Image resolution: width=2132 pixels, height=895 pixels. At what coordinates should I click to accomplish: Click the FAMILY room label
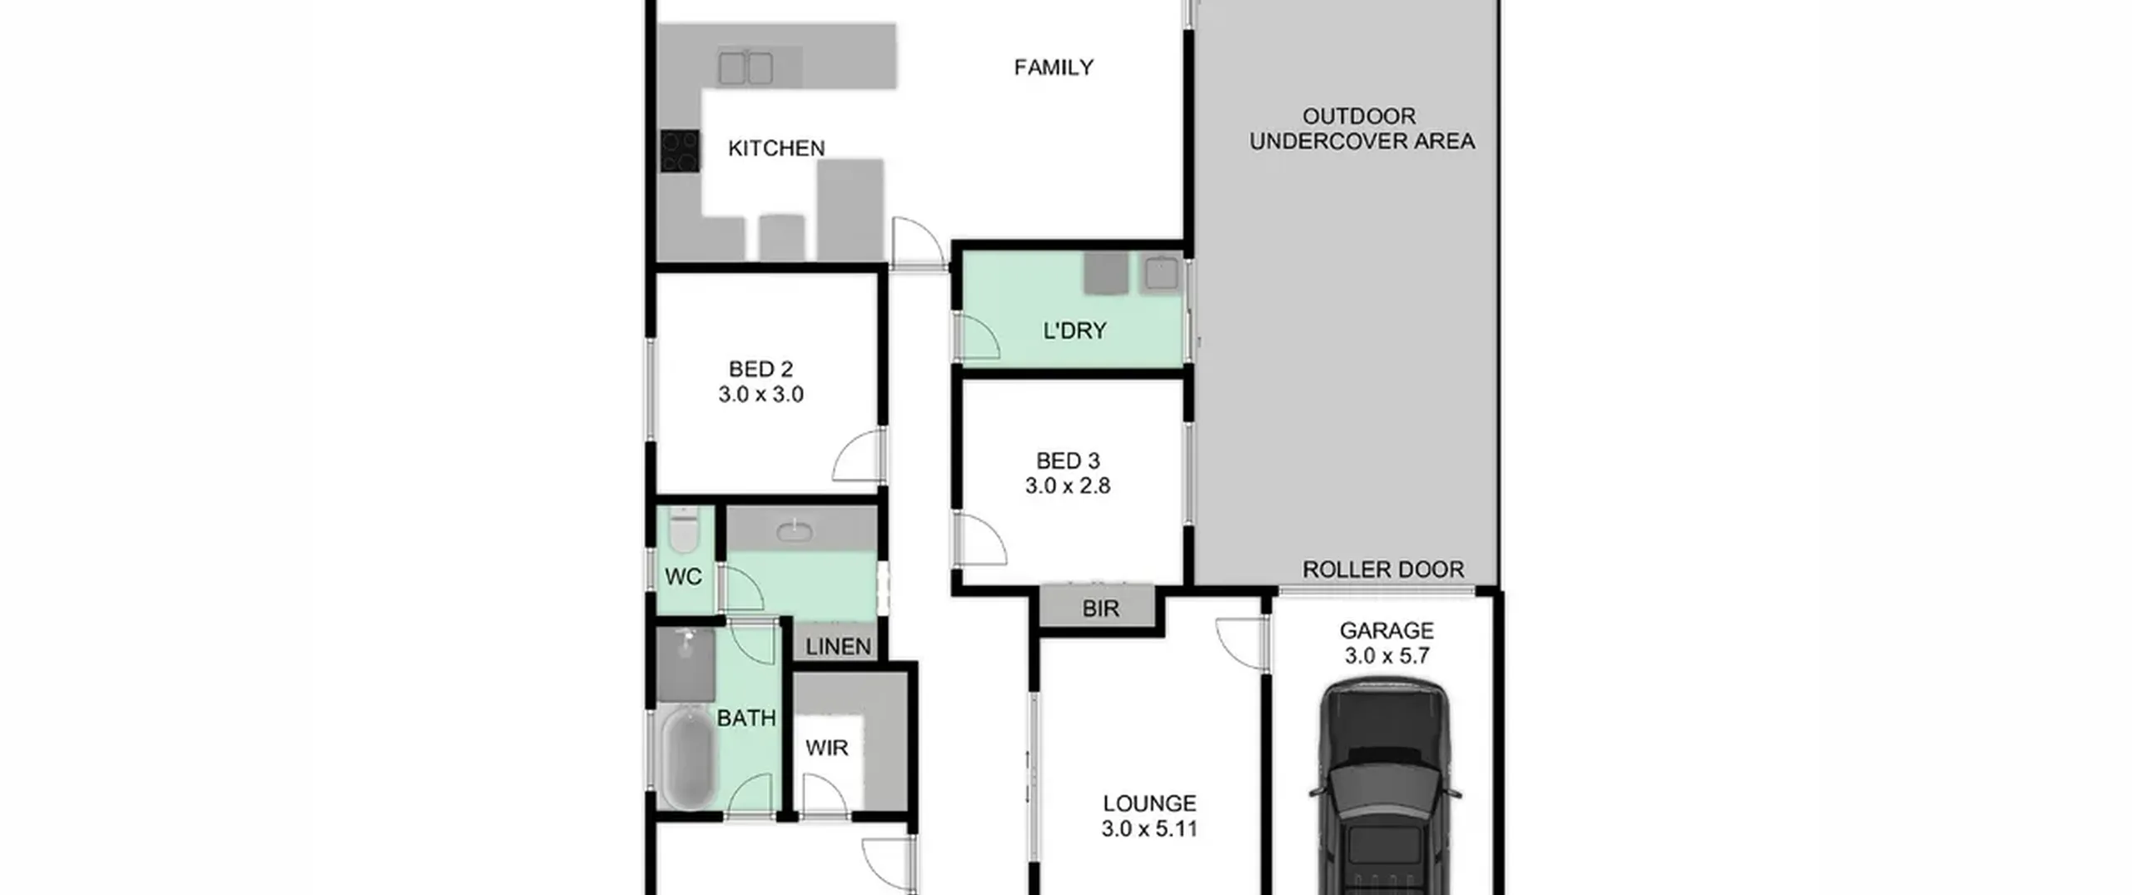point(1054,67)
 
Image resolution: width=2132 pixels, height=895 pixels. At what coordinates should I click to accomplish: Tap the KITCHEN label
point(776,148)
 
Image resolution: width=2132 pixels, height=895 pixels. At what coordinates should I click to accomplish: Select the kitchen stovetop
point(680,152)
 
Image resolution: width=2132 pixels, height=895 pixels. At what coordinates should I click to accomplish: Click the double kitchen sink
point(745,68)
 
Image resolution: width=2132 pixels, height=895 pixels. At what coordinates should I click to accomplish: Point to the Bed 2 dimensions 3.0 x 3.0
point(761,395)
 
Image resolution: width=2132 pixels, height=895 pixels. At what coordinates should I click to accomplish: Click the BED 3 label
point(1068,460)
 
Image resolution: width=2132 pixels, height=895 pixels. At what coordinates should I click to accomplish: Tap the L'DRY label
point(1074,331)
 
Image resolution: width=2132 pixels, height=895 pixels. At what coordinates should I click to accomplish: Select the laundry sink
point(1161,274)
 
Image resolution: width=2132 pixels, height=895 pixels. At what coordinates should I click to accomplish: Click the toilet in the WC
point(683,530)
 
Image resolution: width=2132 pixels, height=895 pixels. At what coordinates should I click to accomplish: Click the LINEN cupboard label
point(838,647)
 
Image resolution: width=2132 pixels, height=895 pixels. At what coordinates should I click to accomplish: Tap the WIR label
point(827,748)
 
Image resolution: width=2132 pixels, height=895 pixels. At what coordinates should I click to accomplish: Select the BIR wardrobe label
point(1100,609)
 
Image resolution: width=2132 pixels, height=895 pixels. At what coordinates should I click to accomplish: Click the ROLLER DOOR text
point(1382,569)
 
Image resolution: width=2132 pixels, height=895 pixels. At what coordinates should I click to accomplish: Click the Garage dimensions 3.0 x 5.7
point(1387,656)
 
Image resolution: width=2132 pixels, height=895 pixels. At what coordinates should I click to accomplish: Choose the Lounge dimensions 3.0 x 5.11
point(1149,829)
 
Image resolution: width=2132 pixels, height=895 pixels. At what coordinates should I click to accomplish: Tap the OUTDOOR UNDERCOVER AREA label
point(1362,129)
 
